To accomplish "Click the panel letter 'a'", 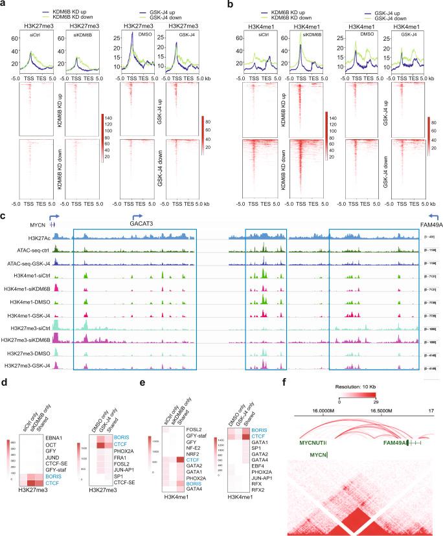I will tap(5, 5).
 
